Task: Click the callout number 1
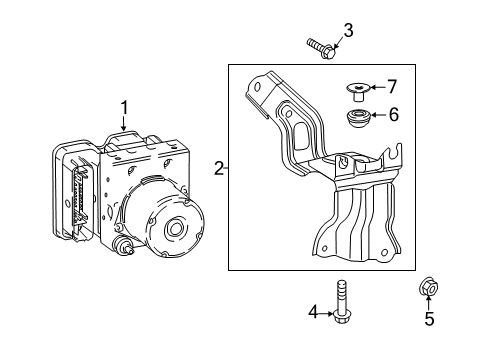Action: [124, 108]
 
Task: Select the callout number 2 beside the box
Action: [219, 169]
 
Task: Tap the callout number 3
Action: [348, 30]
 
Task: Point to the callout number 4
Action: [313, 312]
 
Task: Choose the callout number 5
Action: [429, 319]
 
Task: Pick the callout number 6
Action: [394, 115]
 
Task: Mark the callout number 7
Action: [392, 87]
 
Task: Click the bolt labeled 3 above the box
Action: [321, 49]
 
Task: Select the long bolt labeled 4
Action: [341, 302]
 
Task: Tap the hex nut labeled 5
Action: [428, 286]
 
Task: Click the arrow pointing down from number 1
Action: [124, 123]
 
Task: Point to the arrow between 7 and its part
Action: [378, 87]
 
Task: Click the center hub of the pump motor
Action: [175, 228]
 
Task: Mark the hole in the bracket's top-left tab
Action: [257, 87]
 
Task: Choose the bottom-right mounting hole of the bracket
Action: [384, 253]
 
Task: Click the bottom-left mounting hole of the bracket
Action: [324, 248]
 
